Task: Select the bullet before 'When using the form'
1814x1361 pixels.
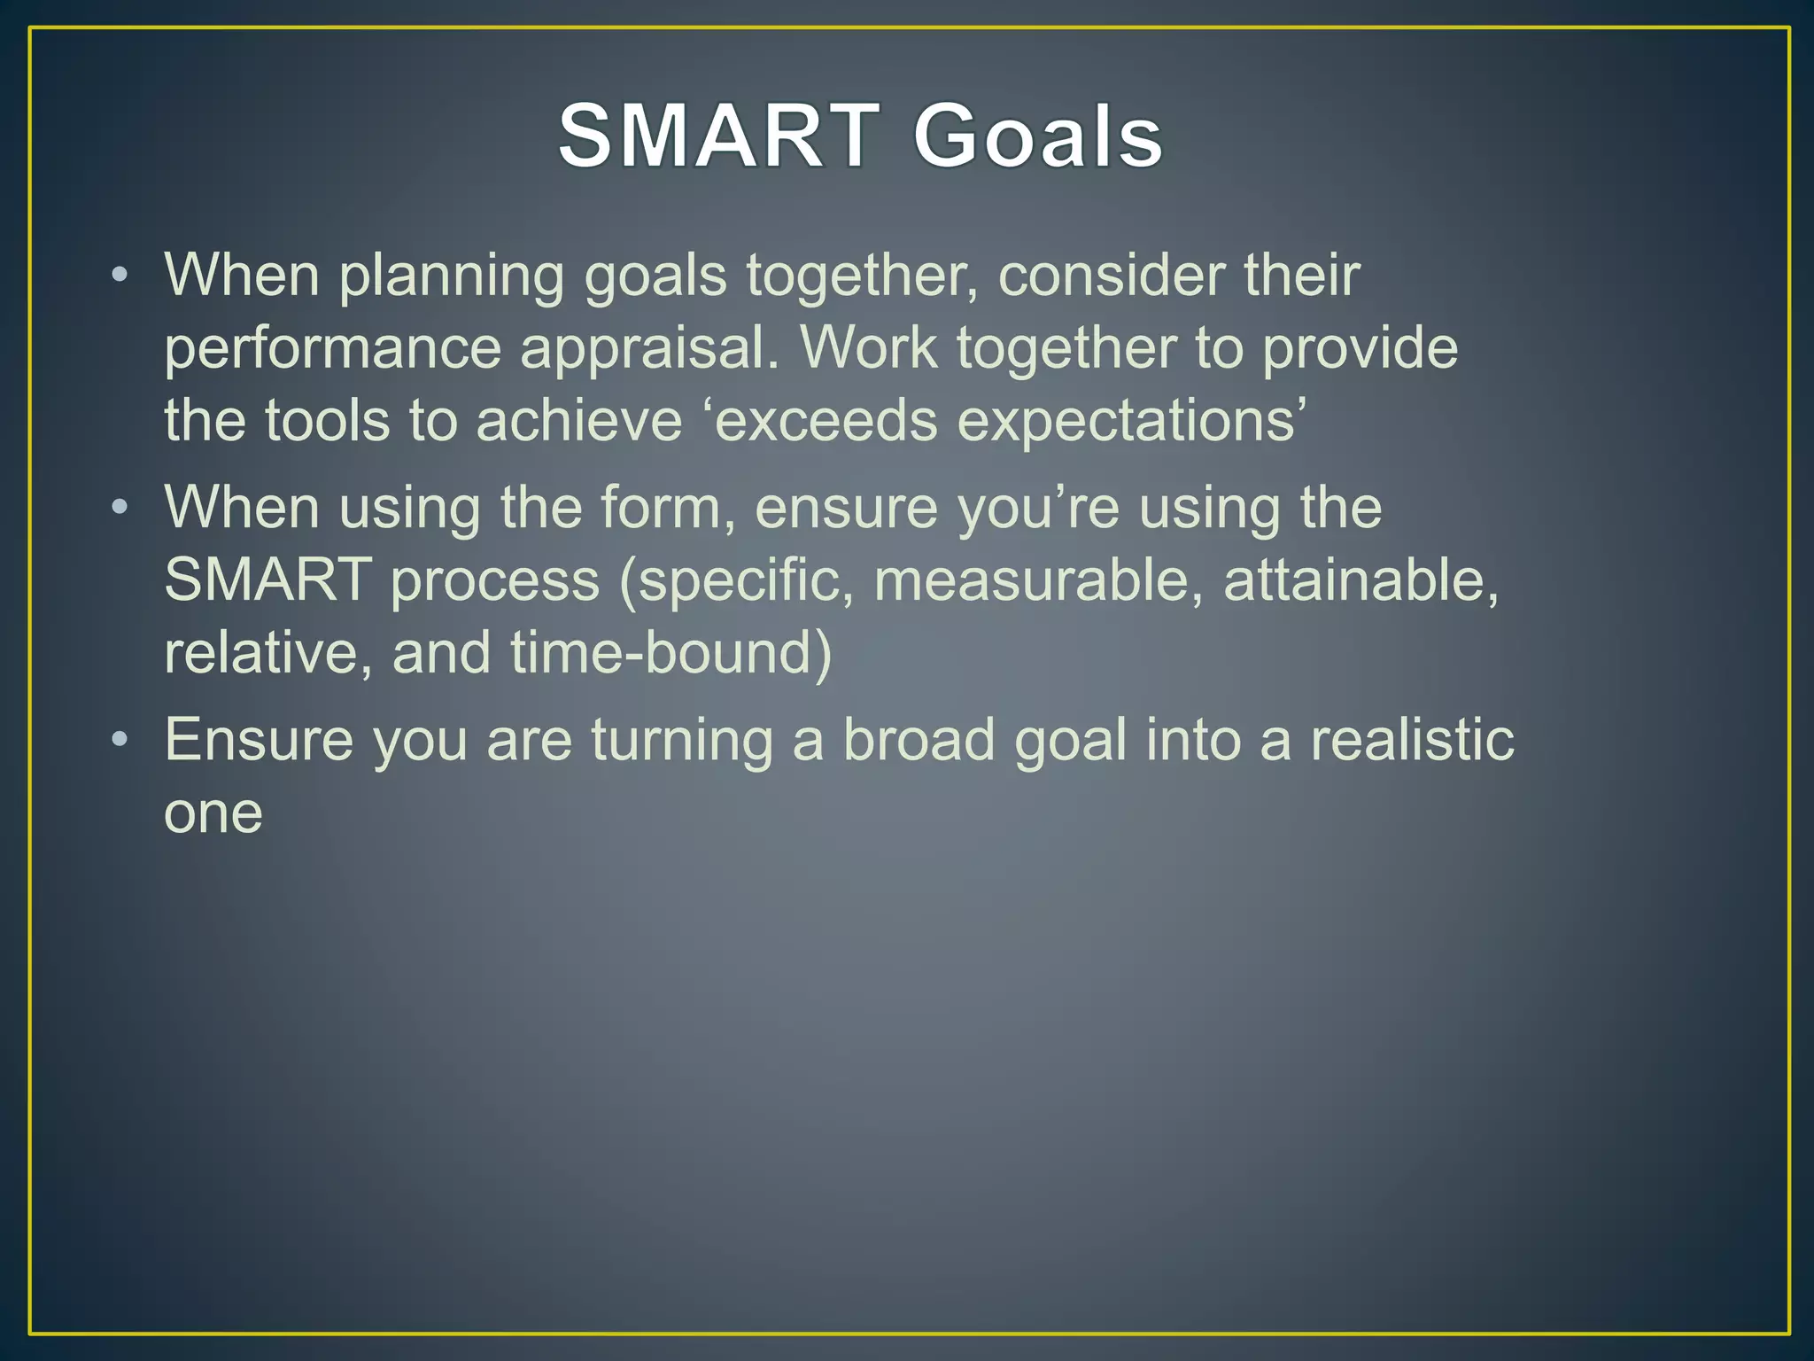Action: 120,507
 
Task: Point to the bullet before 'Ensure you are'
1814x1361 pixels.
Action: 120,739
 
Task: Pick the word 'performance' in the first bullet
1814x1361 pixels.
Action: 332,347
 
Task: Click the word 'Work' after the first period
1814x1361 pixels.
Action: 868,347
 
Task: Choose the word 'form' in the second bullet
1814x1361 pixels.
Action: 663,507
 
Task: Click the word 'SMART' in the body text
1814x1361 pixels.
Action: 267,579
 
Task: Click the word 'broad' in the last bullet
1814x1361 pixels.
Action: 918,739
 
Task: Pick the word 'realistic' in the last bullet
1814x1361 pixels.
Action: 1412,739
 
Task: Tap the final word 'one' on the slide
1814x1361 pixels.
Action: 213,813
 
